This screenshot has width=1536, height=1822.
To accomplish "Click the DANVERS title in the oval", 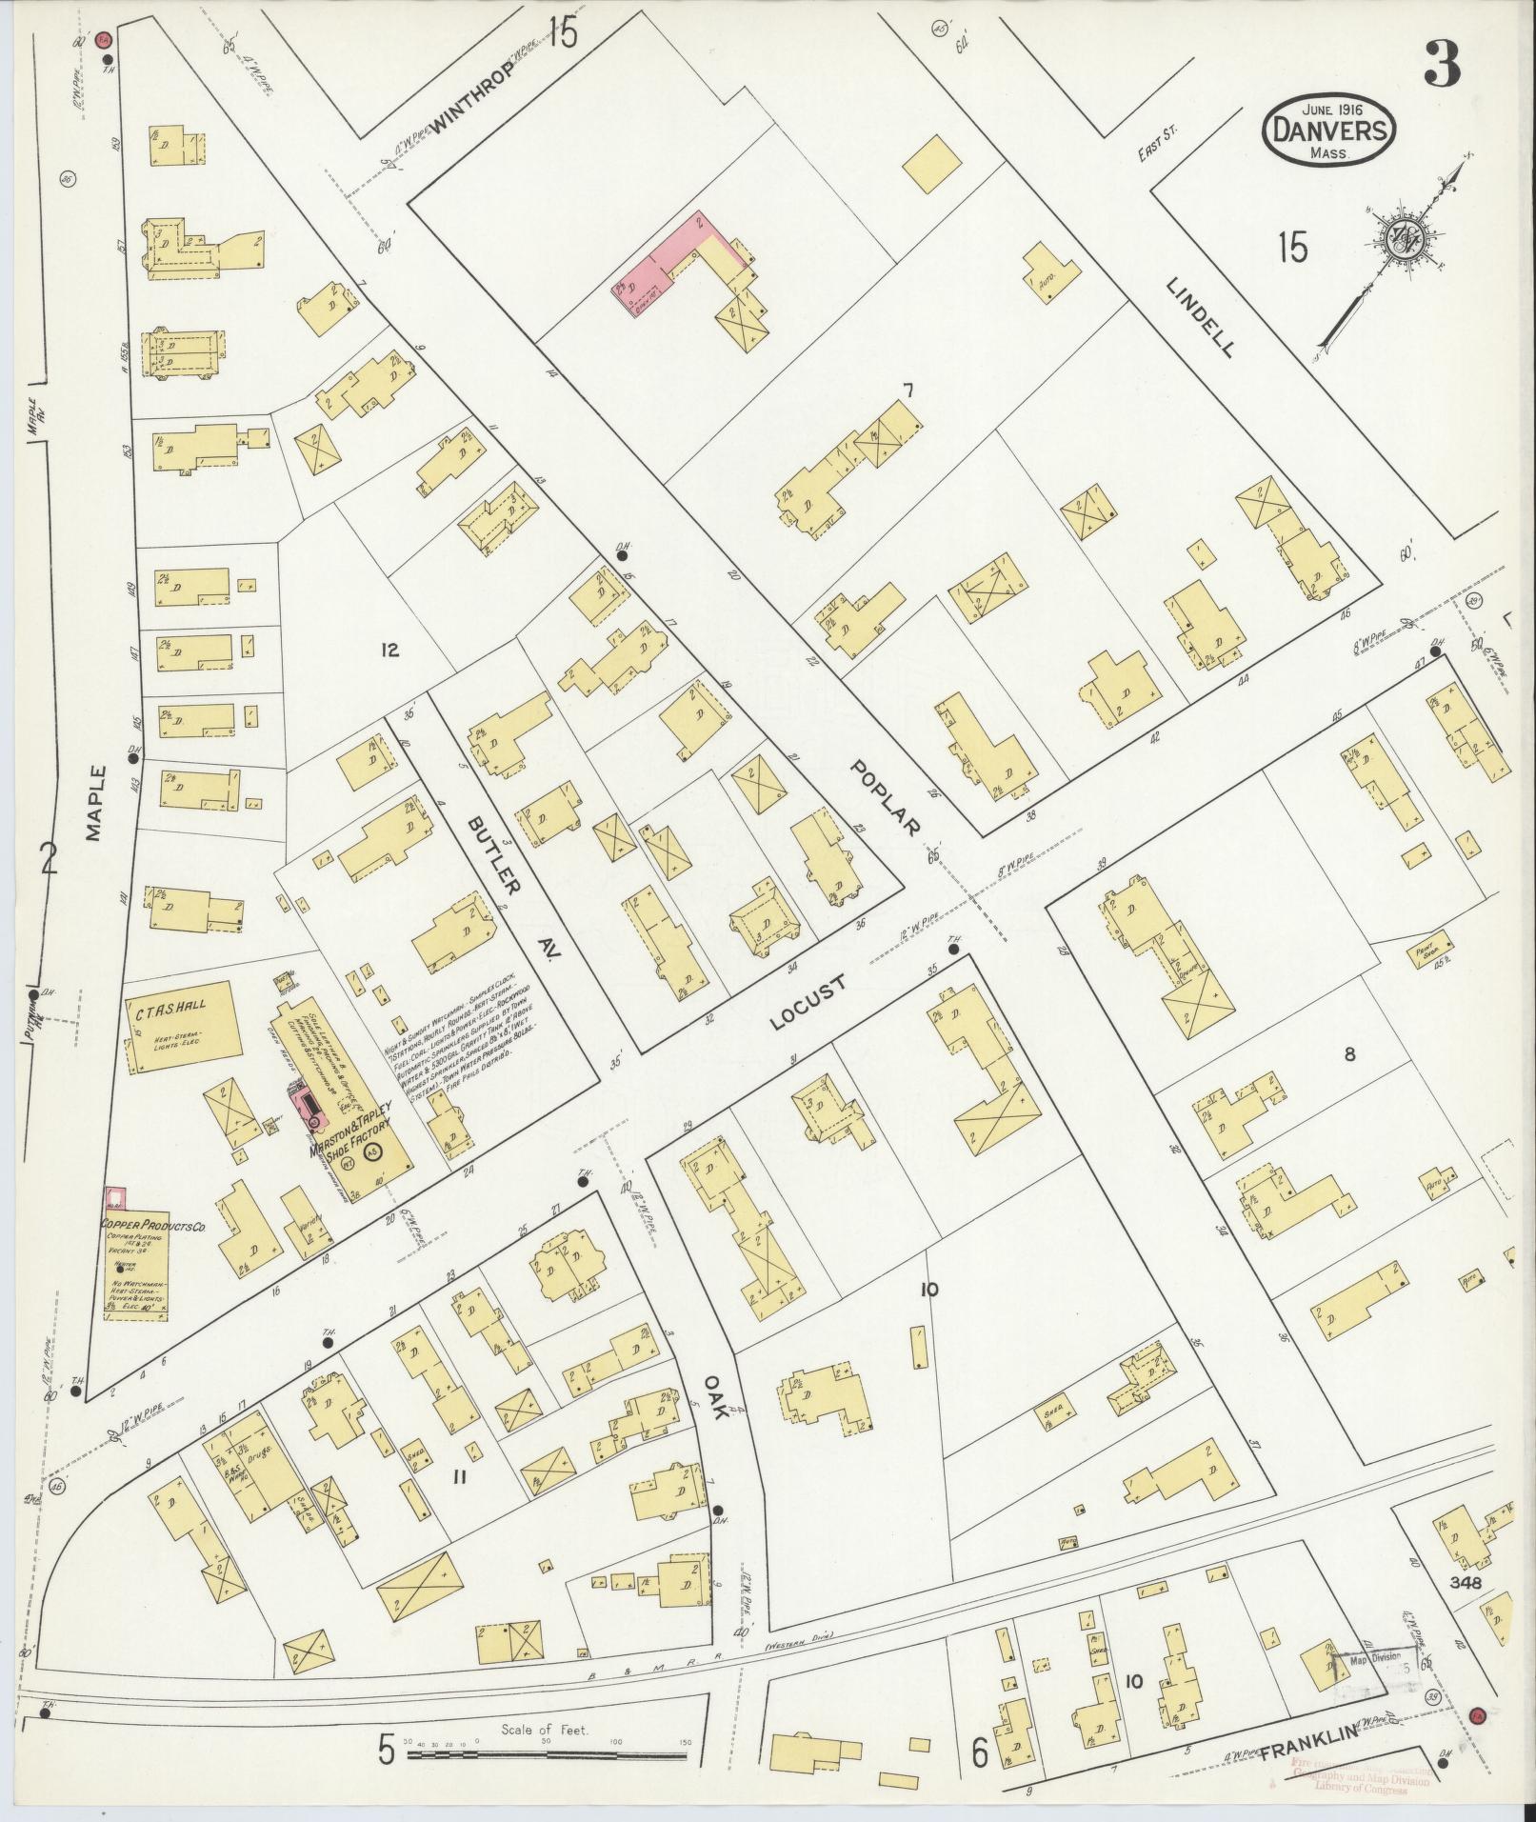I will click(1329, 131).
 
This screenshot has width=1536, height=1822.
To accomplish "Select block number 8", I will click(1349, 1054).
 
